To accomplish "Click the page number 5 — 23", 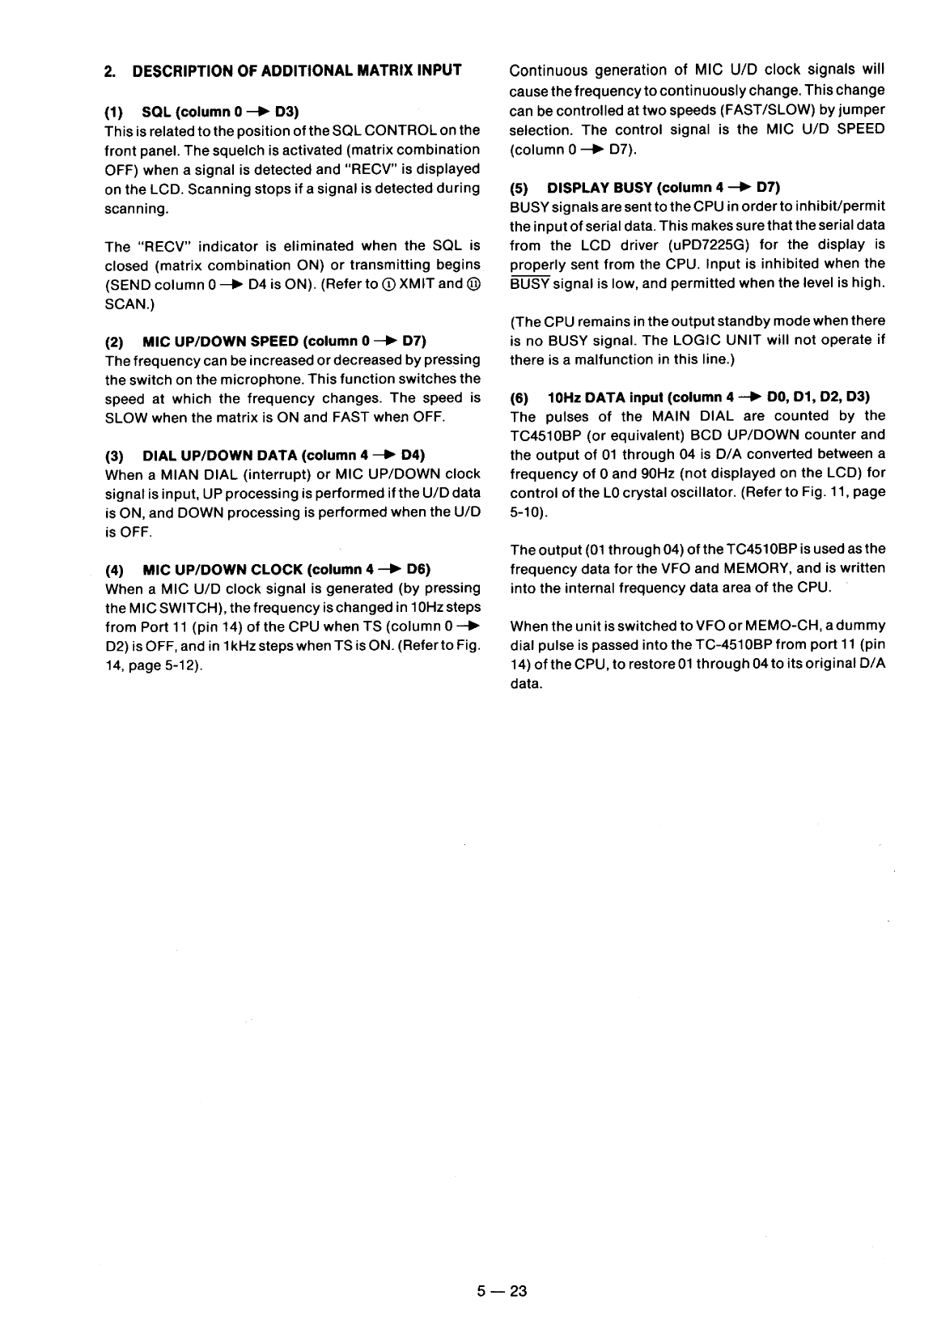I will (501, 1291).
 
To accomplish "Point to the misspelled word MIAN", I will (176, 474).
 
